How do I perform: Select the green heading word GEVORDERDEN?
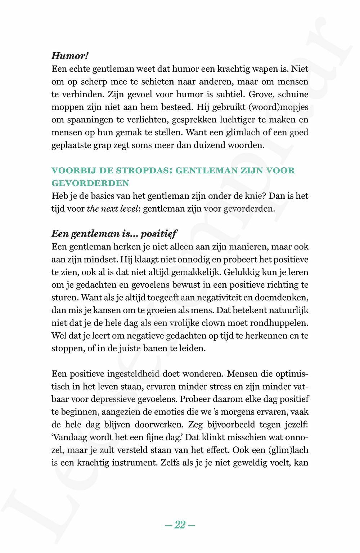point(90,183)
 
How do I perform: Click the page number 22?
point(180,525)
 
